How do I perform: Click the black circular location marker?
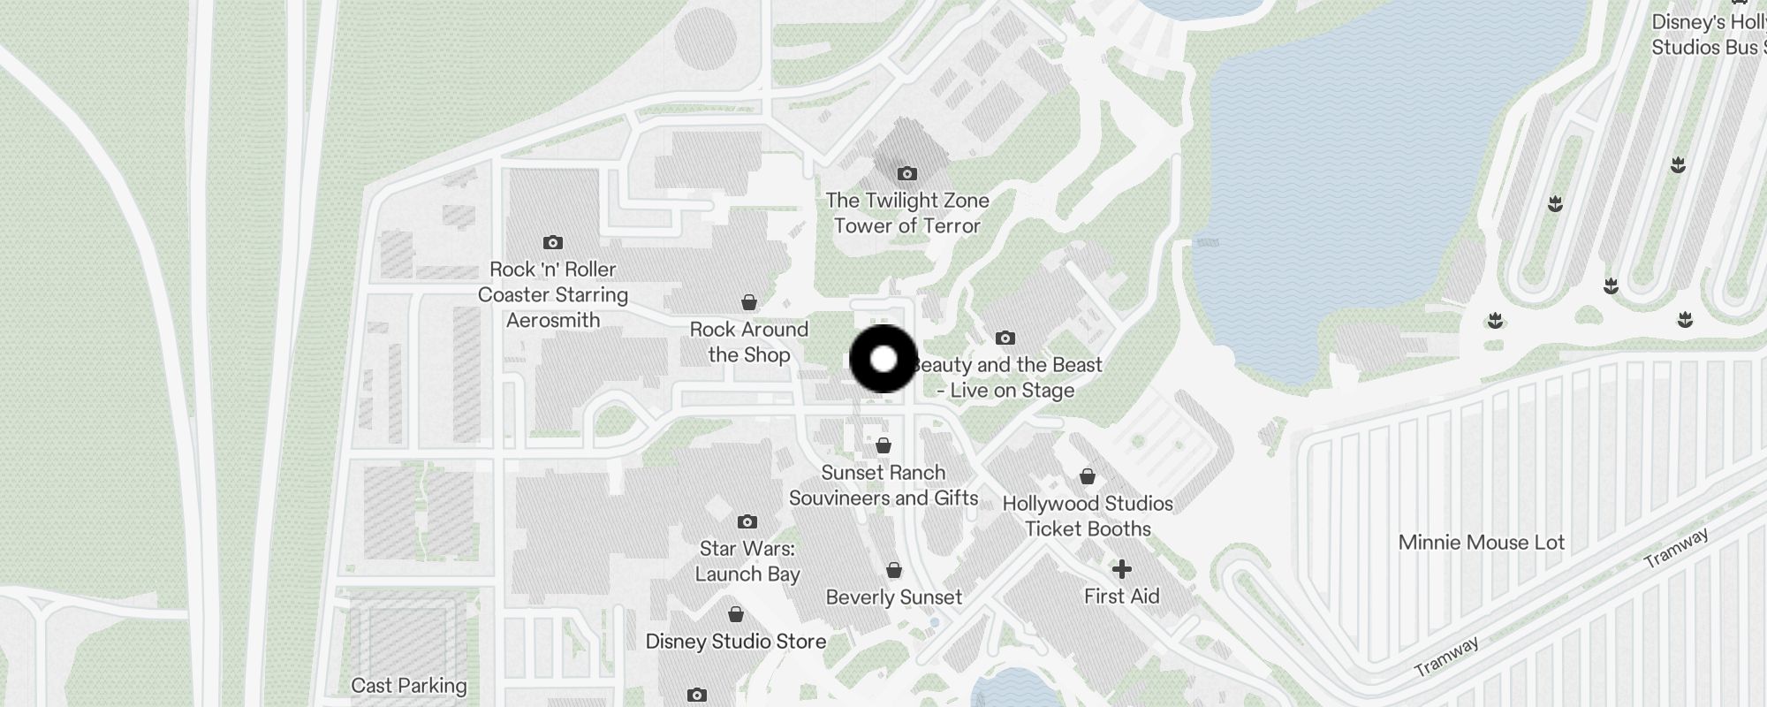click(x=883, y=359)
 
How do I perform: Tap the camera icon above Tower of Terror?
click(x=906, y=173)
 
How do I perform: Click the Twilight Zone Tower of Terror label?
click(x=907, y=213)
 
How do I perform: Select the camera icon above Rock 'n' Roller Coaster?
click(x=553, y=242)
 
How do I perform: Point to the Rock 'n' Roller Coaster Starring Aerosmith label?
click(x=553, y=294)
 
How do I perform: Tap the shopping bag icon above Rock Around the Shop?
click(x=749, y=303)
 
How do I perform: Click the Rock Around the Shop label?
click(x=749, y=342)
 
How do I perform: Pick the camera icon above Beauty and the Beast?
click(x=1005, y=338)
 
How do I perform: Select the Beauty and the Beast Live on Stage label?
click(x=1009, y=377)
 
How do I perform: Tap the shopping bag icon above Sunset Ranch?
click(x=883, y=445)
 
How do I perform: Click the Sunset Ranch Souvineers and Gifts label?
click(x=883, y=485)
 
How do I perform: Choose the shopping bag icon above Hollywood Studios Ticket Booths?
click(x=1088, y=476)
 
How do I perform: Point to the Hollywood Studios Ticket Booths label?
click(x=1088, y=516)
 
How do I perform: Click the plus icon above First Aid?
click(x=1121, y=568)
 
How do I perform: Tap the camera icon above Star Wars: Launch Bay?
click(x=747, y=521)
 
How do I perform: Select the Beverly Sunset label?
click(x=894, y=597)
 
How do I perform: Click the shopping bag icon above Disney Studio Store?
click(x=736, y=614)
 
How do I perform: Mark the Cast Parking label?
click(x=409, y=686)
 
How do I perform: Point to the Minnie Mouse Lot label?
click(x=1482, y=543)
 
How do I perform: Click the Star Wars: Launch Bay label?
click(x=747, y=561)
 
